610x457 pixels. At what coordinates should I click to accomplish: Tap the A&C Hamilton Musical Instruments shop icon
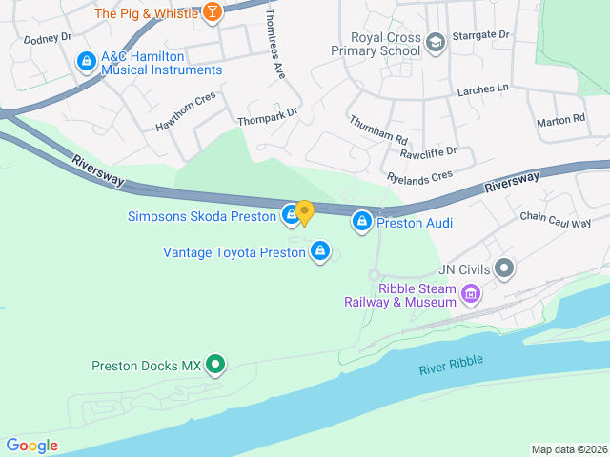(87, 61)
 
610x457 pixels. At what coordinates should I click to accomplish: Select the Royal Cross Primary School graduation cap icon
(436, 42)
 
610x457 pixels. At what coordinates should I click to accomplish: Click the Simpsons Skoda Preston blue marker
(290, 216)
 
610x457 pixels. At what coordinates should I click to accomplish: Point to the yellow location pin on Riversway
(304, 212)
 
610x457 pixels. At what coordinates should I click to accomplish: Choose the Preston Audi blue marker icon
(362, 223)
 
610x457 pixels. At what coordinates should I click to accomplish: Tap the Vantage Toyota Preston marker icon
(320, 251)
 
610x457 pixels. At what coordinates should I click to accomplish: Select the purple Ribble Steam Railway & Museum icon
(469, 294)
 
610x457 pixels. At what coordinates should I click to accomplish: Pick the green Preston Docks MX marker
(216, 365)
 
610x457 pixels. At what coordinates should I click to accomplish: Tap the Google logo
(31, 446)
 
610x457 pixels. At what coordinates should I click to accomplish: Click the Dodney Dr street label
(48, 39)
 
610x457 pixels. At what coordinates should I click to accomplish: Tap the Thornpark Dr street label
(268, 116)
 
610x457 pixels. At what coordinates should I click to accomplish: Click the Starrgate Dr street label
(483, 34)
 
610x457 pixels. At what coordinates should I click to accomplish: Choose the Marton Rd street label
(560, 121)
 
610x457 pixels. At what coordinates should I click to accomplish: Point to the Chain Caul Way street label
(556, 221)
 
